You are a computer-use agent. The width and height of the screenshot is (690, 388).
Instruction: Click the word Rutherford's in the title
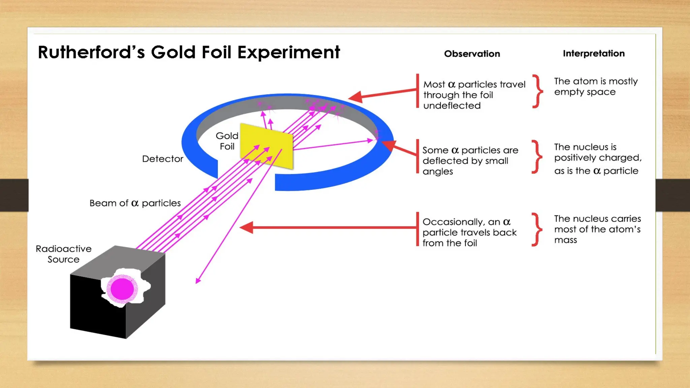click(x=91, y=52)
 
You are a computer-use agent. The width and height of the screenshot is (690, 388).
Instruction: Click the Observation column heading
click(x=472, y=54)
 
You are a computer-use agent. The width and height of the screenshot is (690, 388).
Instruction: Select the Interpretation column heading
click(x=593, y=53)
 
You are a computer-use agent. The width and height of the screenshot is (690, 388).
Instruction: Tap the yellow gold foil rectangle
click(x=266, y=145)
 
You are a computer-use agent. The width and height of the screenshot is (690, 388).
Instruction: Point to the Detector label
click(x=162, y=159)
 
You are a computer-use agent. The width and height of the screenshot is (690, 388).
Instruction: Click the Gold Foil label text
click(x=227, y=141)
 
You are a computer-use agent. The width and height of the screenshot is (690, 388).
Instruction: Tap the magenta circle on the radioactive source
click(x=122, y=289)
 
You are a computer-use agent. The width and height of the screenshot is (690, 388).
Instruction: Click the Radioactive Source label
click(x=63, y=254)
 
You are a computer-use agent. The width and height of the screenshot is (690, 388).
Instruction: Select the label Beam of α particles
click(x=135, y=203)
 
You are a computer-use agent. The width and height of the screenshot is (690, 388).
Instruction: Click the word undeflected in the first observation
click(x=452, y=106)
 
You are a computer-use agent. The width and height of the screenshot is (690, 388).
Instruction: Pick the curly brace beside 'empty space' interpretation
click(x=538, y=91)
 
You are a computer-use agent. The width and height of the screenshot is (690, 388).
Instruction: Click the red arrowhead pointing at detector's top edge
click(x=355, y=97)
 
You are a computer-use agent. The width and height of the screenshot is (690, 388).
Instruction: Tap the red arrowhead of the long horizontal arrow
click(x=247, y=228)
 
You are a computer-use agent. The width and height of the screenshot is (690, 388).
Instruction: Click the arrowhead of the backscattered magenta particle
click(x=198, y=281)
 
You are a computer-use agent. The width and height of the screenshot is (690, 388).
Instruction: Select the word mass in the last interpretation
click(x=565, y=240)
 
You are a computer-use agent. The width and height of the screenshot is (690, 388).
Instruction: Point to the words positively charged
click(x=597, y=158)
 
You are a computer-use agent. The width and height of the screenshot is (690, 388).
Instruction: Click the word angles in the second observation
click(x=437, y=171)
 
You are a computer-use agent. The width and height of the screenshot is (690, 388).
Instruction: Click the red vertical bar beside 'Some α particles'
click(x=417, y=156)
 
